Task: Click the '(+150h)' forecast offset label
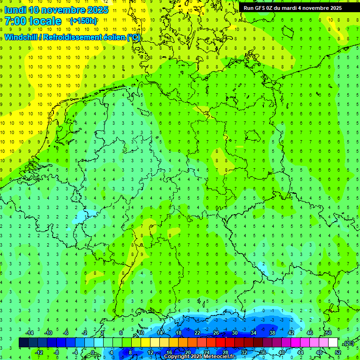click(83, 21)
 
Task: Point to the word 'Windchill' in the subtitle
click(21, 37)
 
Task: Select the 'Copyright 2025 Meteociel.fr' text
click(200, 357)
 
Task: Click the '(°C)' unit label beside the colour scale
click(348, 343)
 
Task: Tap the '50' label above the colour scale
click(328, 333)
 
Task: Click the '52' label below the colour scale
click(337, 352)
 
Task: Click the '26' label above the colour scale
click(216, 333)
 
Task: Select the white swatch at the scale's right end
click(333, 343)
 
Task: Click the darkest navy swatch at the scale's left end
click(23, 343)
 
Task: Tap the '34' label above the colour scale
click(254, 333)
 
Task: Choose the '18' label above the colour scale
click(179, 333)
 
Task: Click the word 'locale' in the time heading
click(45, 21)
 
